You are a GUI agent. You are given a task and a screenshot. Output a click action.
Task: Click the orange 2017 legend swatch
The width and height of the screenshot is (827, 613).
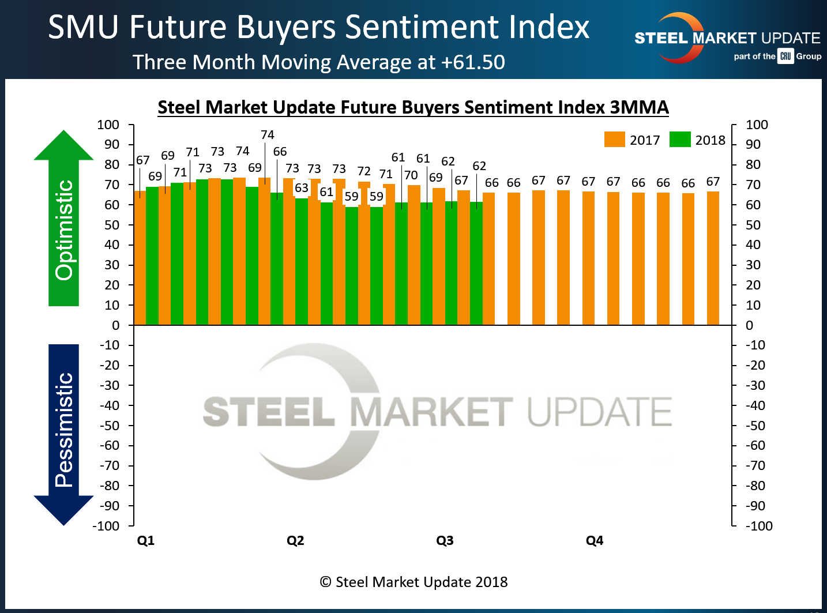pos(614,140)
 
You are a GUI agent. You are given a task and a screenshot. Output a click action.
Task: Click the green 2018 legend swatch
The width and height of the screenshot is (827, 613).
pos(680,140)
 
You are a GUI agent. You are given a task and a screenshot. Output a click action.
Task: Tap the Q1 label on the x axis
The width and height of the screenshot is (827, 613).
pos(145,540)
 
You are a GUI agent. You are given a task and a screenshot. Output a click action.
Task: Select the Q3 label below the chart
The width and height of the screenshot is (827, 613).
pos(445,540)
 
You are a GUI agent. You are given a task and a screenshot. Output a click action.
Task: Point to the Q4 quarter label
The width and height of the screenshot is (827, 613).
pos(594,540)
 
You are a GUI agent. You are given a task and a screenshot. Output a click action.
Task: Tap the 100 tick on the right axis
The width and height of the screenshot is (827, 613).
pos(757,125)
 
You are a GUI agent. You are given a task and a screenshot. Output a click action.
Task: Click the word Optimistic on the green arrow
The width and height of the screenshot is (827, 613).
pos(64,231)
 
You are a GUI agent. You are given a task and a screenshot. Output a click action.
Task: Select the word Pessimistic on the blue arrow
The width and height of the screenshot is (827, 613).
pos(64,430)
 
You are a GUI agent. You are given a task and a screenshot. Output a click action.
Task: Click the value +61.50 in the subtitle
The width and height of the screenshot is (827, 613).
pos(473,62)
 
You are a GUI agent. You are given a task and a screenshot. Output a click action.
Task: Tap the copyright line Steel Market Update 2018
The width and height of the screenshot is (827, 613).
pos(414,582)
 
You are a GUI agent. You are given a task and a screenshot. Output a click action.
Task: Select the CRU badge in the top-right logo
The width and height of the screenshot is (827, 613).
pos(785,56)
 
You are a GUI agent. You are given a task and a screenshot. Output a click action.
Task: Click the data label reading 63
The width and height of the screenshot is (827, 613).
pos(302,188)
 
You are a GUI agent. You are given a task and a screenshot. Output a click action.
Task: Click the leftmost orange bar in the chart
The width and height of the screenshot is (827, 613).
pos(140,260)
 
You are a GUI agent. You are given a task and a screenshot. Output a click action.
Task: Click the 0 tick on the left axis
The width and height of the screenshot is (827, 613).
pos(115,325)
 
